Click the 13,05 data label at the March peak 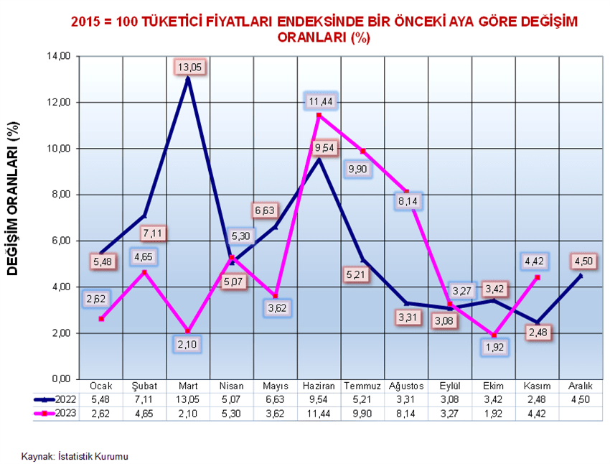click(x=189, y=67)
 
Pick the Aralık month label click(x=581, y=385)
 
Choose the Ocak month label click(x=101, y=385)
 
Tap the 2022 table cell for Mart click(x=188, y=398)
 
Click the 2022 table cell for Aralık click(x=581, y=398)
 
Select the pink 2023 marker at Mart click(x=188, y=330)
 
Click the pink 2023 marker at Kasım click(x=538, y=277)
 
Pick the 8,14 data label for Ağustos click(x=407, y=201)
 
